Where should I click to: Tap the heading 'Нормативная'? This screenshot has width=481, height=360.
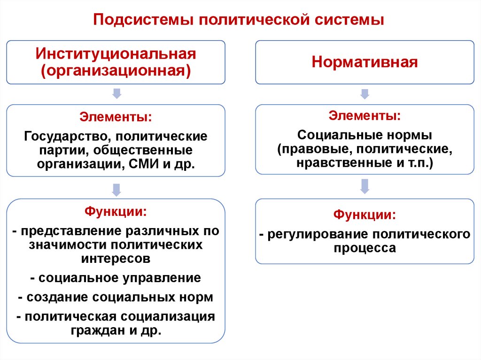[365, 62]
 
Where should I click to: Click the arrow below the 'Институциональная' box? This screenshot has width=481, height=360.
[116, 93]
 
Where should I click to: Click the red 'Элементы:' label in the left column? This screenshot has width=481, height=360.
[116, 116]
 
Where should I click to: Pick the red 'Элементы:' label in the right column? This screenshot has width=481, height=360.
[365, 115]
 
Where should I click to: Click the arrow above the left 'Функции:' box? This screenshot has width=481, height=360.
[116, 190]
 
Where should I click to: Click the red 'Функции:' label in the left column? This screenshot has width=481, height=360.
[116, 212]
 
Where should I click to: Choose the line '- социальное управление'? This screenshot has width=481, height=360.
[116, 278]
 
